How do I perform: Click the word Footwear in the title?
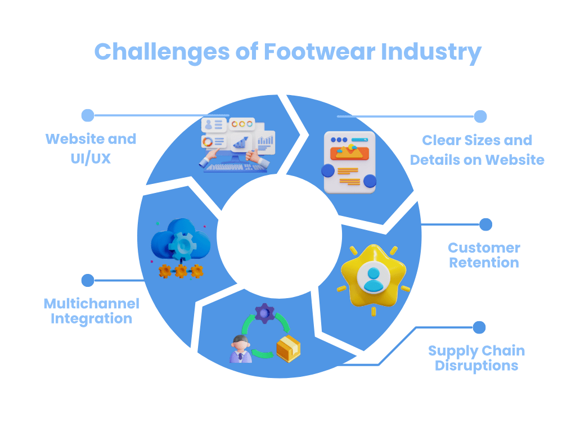pos(320,52)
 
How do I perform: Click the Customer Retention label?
pos(484,255)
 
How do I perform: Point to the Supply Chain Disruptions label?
pos(476,358)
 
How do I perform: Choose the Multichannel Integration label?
pos(91,311)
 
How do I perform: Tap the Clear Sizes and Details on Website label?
pos(477,150)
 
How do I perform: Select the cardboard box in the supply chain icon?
pos(288,349)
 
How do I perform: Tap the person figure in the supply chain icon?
pos(241,349)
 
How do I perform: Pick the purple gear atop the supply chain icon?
pos(264,312)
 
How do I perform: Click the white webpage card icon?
pos(349,162)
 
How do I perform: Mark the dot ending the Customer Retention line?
pos(486,224)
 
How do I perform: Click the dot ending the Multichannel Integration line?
pos(88,280)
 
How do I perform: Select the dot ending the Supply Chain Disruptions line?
pos(479,327)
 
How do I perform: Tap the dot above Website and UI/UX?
pos(88,115)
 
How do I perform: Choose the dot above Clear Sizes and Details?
pos(480,116)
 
